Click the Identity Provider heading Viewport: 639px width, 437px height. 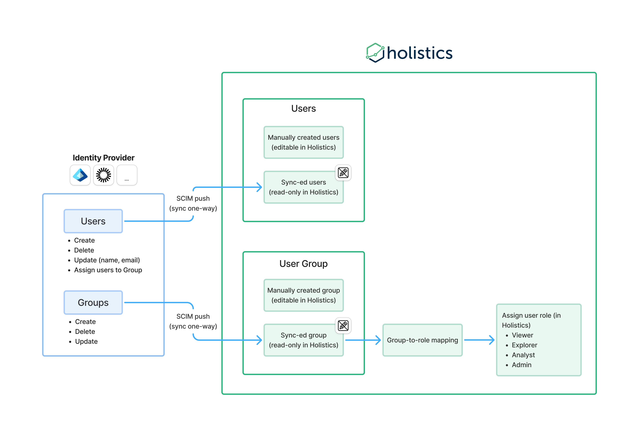pyautogui.click(x=103, y=158)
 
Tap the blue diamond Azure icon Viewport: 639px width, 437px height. pyautogui.click(x=80, y=175)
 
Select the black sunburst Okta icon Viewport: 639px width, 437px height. pyautogui.click(x=103, y=175)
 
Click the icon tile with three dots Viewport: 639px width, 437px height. pyautogui.click(x=127, y=175)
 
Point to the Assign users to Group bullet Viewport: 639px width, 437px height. pyautogui.click(x=108, y=270)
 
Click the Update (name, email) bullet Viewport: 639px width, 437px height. pyautogui.click(x=107, y=260)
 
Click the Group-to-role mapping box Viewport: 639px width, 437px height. pyautogui.click(x=422, y=340)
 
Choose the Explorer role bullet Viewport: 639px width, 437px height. pyautogui.click(x=524, y=345)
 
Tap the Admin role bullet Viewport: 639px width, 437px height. pyautogui.click(x=521, y=365)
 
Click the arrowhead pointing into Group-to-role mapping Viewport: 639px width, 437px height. pyautogui.click(x=378, y=340)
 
